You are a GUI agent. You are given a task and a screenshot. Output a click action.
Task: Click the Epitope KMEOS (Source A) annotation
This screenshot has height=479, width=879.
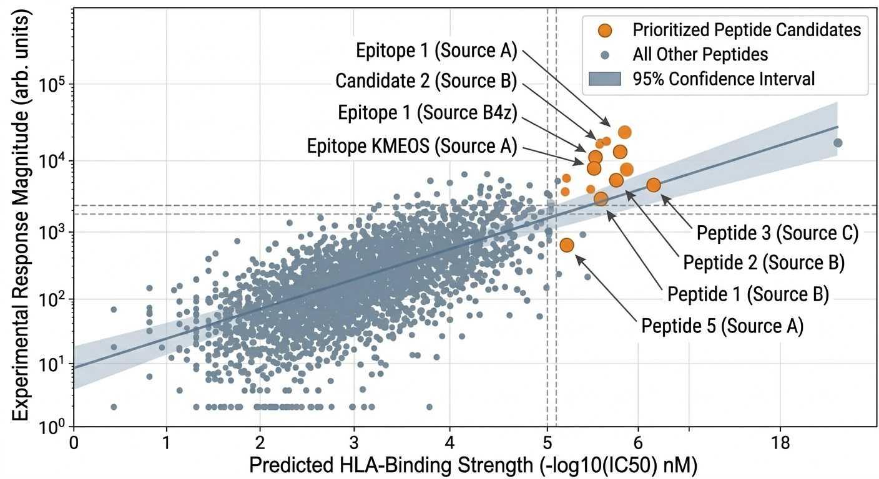click(x=412, y=146)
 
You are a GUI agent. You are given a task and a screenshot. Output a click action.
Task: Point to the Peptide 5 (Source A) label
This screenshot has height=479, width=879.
click(x=722, y=326)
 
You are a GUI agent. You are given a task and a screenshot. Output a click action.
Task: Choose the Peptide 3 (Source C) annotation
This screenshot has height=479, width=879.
click(x=778, y=233)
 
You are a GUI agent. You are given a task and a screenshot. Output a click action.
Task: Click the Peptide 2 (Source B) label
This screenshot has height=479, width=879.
click(x=764, y=263)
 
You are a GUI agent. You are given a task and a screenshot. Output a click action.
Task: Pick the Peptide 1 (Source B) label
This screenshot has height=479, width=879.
click(x=748, y=294)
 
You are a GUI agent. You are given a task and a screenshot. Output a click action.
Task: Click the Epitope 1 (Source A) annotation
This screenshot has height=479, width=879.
click(x=436, y=51)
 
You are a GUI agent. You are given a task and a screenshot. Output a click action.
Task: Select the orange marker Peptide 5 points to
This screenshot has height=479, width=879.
click(x=566, y=245)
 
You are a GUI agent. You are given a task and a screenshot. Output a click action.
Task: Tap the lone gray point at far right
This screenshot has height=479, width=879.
click(x=838, y=143)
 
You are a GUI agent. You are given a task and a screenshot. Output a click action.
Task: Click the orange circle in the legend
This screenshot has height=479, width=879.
click(x=605, y=30)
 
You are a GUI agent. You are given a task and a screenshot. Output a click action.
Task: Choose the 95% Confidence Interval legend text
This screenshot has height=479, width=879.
click(x=724, y=79)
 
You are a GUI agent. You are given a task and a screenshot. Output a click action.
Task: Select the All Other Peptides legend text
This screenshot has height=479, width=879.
click(x=700, y=54)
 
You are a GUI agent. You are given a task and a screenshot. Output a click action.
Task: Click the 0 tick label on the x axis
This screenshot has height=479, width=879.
click(x=74, y=442)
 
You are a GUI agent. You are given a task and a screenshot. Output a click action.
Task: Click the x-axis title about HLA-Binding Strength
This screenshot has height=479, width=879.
click(x=473, y=465)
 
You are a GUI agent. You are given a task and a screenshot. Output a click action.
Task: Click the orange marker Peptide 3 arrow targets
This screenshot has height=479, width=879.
click(x=653, y=185)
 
